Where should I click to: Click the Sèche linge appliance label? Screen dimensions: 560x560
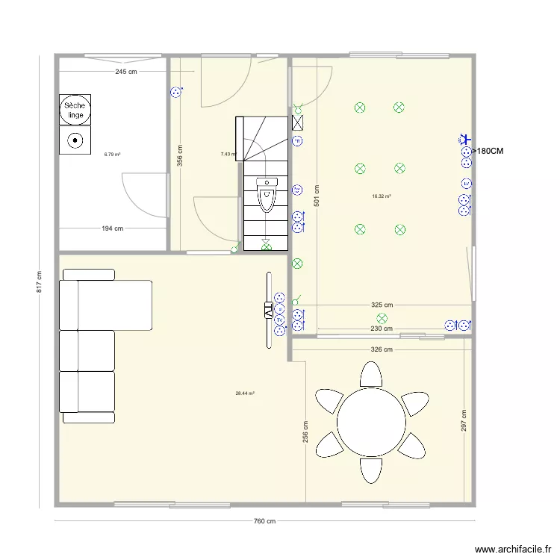pos(75,110)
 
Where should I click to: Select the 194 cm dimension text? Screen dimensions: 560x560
pos(113,228)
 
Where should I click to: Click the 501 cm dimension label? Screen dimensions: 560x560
pos(317,196)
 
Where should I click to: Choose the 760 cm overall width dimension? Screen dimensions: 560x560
pos(264,522)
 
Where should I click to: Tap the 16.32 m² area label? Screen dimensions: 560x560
pos(382,197)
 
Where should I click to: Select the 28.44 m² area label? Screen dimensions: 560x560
pos(245,393)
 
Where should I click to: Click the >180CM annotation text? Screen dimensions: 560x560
pos(483,152)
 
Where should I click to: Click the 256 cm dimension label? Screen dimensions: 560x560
pos(305,432)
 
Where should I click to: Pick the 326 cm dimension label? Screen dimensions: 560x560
pos(382,349)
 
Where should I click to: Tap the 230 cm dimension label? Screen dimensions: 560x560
pos(382,329)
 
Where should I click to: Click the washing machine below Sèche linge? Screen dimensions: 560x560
pos(75,140)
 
